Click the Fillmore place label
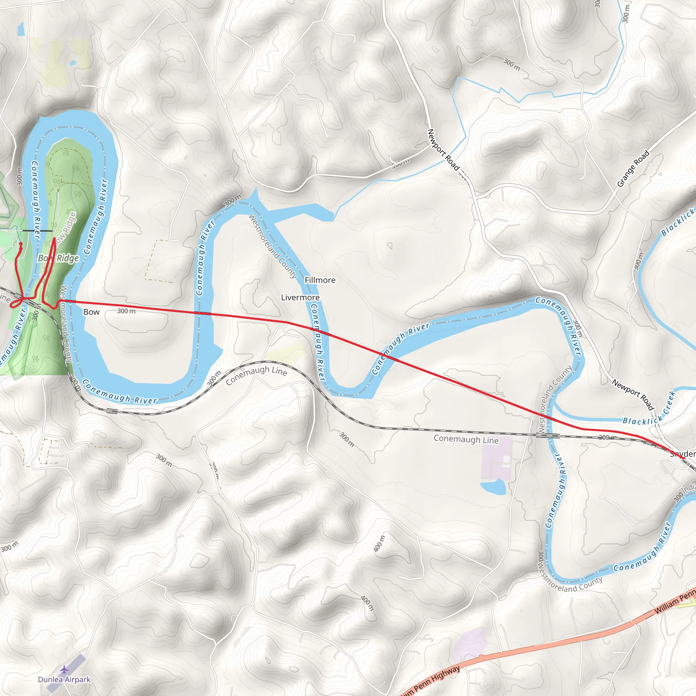coord(320,280)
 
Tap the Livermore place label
coord(300,297)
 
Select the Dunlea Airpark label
coord(64,679)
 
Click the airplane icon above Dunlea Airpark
coord(64,669)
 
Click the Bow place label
coord(91,312)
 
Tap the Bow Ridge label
coord(58,258)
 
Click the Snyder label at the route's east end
coord(682,454)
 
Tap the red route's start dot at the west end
coord(20,244)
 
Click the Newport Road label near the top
coord(443,149)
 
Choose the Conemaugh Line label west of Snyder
coord(466,439)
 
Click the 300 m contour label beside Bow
coord(126,311)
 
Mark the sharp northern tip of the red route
coord(54,238)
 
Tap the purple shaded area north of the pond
coord(496,457)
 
